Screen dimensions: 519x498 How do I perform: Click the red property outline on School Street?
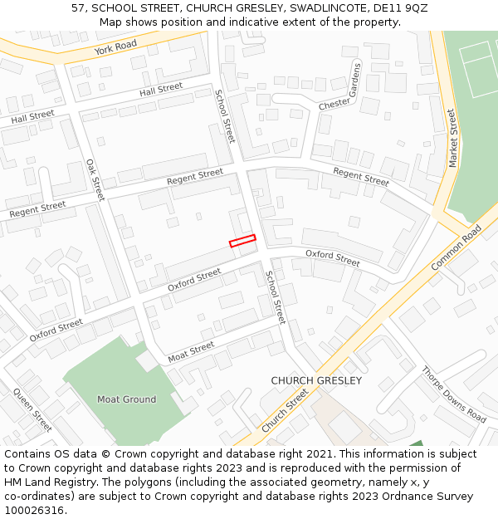click(x=242, y=241)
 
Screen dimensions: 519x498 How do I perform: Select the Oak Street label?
click(x=95, y=179)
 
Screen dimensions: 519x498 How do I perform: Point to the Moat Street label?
click(x=191, y=352)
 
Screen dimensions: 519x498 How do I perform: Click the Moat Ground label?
click(x=126, y=399)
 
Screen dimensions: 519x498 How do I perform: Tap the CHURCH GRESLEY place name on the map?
click(x=316, y=380)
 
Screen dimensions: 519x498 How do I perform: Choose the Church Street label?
click(x=285, y=411)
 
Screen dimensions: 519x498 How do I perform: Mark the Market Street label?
click(x=452, y=138)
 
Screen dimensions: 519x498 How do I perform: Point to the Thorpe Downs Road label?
click(x=453, y=394)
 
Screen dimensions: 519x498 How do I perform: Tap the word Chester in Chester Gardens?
click(x=334, y=104)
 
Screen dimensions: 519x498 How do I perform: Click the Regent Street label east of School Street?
click(x=361, y=176)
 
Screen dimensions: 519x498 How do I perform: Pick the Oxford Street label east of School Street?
click(x=332, y=257)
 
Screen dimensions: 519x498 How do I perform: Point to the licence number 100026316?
click(x=32, y=511)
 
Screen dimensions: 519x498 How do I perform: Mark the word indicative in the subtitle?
click(x=271, y=22)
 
